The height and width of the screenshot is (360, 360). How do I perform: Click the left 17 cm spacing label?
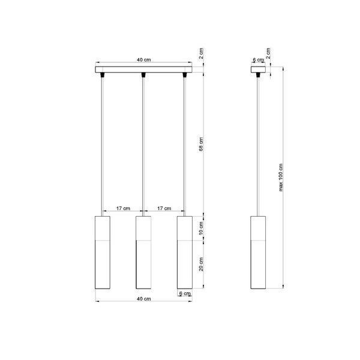[x=122, y=208]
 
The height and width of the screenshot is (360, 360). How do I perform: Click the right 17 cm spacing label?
[x=164, y=208]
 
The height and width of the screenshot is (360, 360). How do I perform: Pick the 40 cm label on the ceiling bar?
[x=143, y=60]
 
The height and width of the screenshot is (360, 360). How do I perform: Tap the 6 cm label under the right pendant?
[x=187, y=293]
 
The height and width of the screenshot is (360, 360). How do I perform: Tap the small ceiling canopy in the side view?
[x=258, y=68]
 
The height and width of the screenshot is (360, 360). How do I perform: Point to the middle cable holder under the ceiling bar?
[x=143, y=75]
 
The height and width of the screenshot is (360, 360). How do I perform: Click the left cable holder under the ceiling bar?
[x=102, y=75]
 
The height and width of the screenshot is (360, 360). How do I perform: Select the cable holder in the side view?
[x=258, y=75]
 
